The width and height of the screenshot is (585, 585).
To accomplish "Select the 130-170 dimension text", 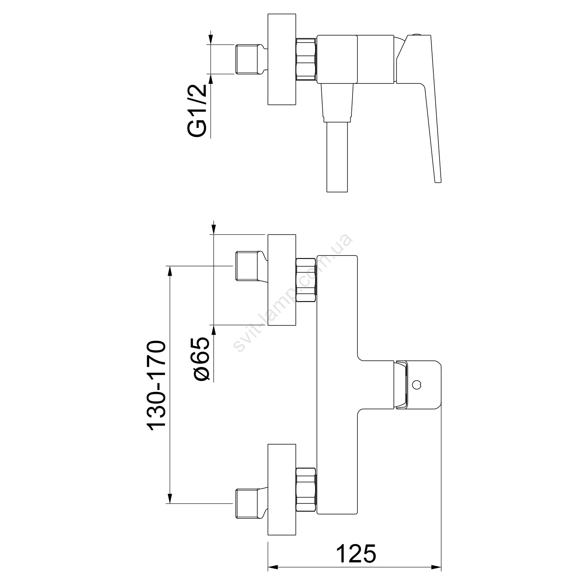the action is point(158,386).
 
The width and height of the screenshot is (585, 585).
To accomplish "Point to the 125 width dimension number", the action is point(356,553).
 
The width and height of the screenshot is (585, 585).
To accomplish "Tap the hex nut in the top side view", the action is point(307,59).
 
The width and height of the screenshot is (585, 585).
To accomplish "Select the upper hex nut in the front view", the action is point(307,280).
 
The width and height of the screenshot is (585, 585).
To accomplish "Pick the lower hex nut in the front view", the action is point(307,489).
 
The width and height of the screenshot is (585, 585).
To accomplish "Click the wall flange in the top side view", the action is point(282,59).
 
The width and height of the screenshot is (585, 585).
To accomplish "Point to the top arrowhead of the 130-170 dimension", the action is point(170,271).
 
